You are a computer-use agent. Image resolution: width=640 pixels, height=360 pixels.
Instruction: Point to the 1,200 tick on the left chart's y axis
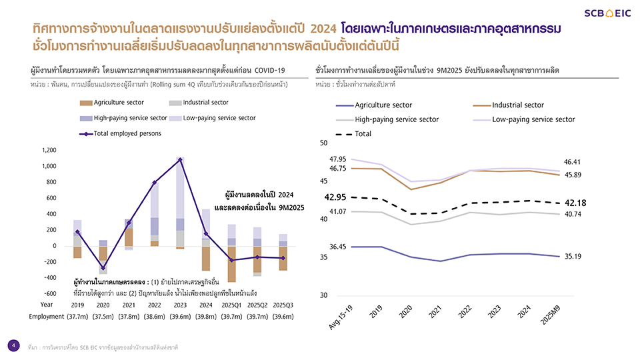point(48,150)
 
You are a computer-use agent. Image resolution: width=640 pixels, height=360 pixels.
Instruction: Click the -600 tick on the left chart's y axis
point(48,294)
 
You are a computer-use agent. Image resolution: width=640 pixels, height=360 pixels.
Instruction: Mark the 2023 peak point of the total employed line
point(180,159)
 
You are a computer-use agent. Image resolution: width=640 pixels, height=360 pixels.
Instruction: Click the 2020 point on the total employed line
point(103,268)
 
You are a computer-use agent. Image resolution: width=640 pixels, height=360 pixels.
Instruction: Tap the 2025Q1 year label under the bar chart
point(231,305)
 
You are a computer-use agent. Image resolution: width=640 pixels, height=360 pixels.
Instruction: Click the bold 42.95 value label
point(335,197)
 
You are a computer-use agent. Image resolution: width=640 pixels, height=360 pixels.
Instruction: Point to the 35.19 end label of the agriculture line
point(573,256)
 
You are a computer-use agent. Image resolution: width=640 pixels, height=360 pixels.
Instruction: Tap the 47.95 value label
point(338,159)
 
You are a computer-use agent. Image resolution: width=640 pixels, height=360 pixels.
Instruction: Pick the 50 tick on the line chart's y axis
point(324,143)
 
